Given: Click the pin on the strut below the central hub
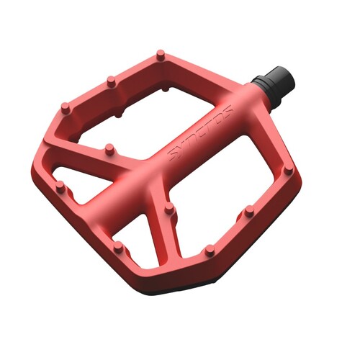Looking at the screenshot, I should click(x=170, y=208).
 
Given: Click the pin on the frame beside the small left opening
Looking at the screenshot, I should click(x=60, y=188).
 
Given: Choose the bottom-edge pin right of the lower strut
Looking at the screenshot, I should click(x=210, y=251).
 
